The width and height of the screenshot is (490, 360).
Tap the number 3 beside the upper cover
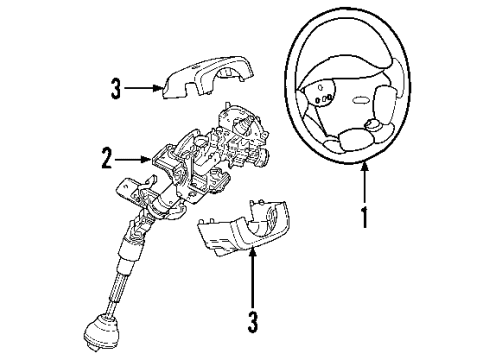pyautogui.click(x=116, y=91)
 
